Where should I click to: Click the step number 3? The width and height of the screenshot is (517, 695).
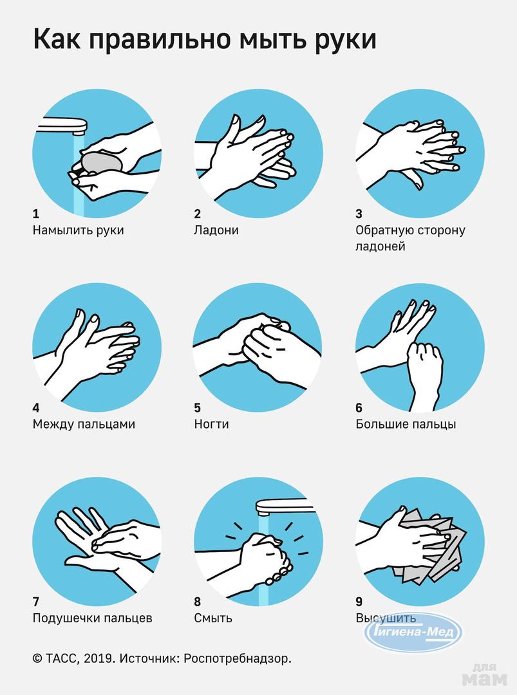(x=359, y=214)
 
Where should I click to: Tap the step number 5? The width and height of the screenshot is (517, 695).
(x=197, y=408)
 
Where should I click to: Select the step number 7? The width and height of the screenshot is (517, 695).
(x=36, y=602)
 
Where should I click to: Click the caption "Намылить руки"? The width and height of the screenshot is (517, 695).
(x=78, y=230)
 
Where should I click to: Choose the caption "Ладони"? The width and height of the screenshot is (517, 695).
(x=216, y=230)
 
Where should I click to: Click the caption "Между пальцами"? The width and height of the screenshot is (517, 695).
(x=84, y=425)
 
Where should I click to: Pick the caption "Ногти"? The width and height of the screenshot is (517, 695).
(x=211, y=424)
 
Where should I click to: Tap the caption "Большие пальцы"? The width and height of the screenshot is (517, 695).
(x=406, y=424)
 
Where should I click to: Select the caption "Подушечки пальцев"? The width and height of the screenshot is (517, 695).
(x=92, y=618)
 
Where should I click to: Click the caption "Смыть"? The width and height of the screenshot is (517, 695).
(x=213, y=618)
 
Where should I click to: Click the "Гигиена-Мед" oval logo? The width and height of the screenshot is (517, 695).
(x=413, y=632)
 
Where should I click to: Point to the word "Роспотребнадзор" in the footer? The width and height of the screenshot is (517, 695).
(x=237, y=659)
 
